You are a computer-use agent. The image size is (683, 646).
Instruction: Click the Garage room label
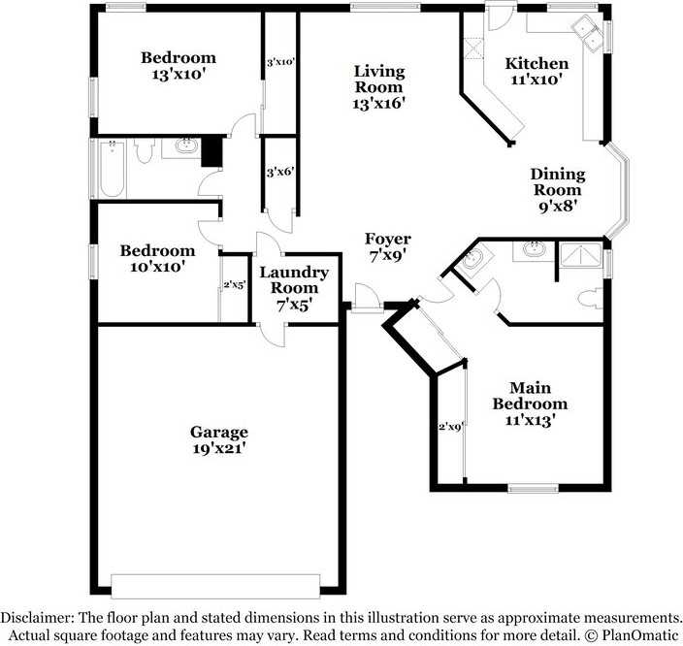click(218, 440)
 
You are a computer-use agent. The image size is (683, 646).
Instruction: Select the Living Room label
click(378, 86)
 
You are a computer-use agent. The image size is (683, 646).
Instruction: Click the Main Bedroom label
click(529, 404)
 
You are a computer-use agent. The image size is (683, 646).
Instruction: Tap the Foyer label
click(387, 247)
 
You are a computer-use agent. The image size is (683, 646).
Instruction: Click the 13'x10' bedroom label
click(179, 64)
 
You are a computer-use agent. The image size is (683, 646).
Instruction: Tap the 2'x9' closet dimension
click(451, 426)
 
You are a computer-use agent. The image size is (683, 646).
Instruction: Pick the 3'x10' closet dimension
click(279, 62)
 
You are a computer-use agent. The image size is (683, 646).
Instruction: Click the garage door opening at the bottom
click(215, 585)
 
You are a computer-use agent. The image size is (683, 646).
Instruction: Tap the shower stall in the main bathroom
click(580, 257)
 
